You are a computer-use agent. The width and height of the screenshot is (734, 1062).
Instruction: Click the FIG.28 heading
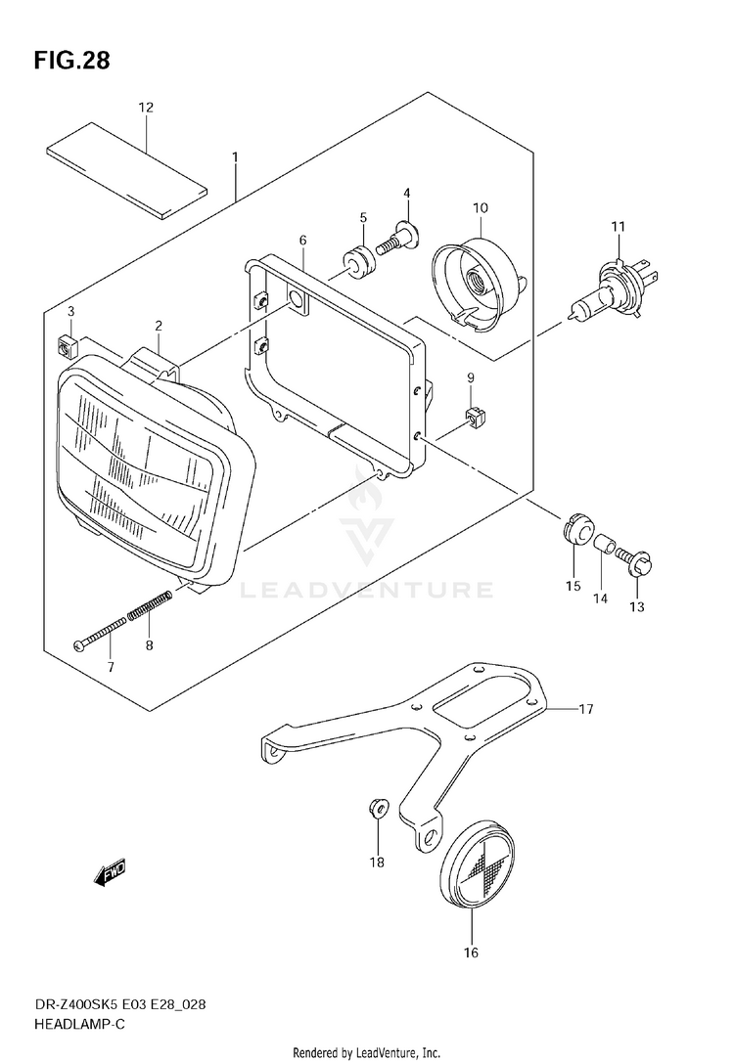pyautogui.click(x=72, y=61)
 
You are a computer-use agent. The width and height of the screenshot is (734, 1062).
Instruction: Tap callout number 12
pyautogui.click(x=146, y=108)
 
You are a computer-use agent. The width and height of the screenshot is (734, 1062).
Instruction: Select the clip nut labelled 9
pyautogui.click(x=475, y=419)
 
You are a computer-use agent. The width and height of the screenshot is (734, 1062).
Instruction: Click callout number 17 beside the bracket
pyautogui.click(x=586, y=709)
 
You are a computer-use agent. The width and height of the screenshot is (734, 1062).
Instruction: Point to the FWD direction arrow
pyautogui.click(x=112, y=871)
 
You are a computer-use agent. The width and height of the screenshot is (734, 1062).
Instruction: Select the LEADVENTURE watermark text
pyautogui.click(x=366, y=590)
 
